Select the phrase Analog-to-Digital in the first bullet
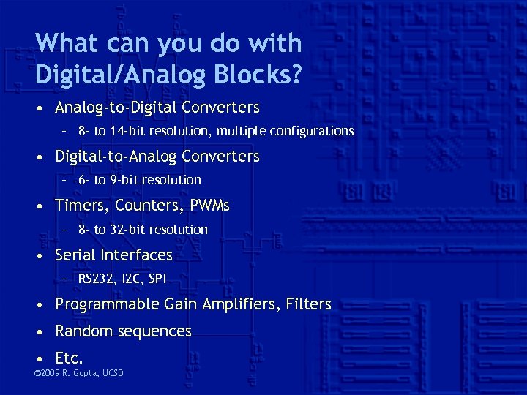coord(116,108)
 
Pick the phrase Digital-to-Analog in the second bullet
coord(116,157)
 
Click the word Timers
coord(82,206)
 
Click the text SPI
coord(157,279)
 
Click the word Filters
coord(309,304)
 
